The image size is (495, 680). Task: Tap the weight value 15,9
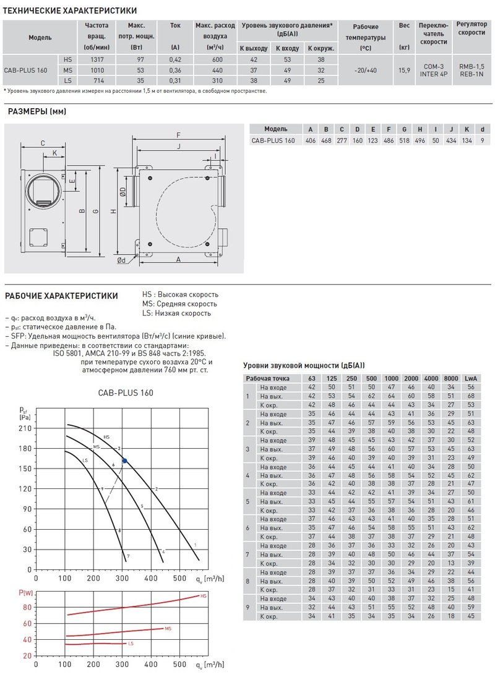pyautogui.click(x=404, y=70)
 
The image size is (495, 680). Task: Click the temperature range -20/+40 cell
pyautogui.click(x=366, y=70)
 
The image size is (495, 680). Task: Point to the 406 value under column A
pyautogui.click(x=311, y=141)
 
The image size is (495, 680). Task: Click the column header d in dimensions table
pyautogui.click(x=482, y=129)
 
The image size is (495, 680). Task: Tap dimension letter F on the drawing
pyautogui.click(x=178, y=135)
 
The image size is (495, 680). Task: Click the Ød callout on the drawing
pyautogui.click(x=121, y=260)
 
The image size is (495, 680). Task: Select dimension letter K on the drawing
pyautogui.click(x=54, y=152)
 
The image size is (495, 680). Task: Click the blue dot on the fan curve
pyautogui.click(x=125, y=461)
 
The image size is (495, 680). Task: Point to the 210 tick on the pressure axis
pyautogui.click(x=25, y=428)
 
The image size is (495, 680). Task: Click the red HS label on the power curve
pyautogui.click(x=203, y=596)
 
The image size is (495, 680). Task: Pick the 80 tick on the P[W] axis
pyautogui.click(x=27, y=608)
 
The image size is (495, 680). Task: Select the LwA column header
pyautogui.click(x=470, y=378)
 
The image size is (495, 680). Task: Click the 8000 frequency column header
pyautogui.click(x=451, y=378)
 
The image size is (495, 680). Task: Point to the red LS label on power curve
pyautogui.click(x=131, y=644)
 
